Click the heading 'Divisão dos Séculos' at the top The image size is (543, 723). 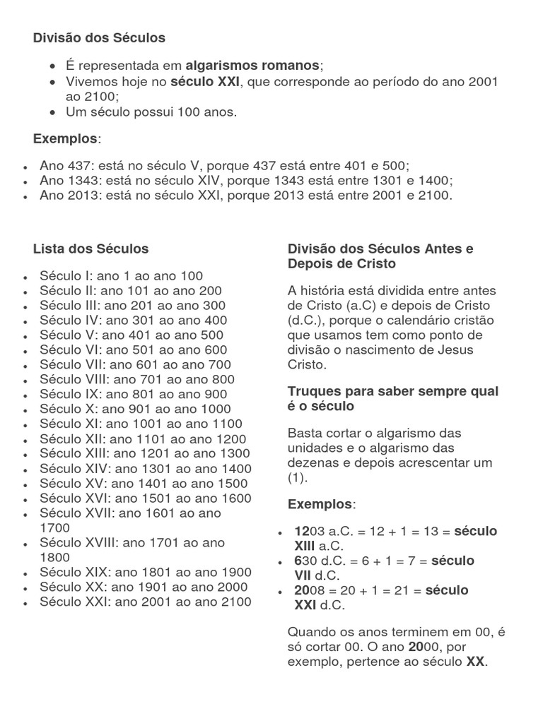pyautogui.click(x=99, y=38)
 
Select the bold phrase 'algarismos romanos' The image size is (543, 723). pyautogui.click(x=252, y=66)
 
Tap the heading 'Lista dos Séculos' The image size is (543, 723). pyautogui.click(x=90, y=249)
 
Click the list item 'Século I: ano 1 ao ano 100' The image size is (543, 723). pyautogui.click(x=121, y=276)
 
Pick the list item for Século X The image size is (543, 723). pyautogui.click(x=135, y=409)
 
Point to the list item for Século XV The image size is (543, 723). pyautogui.click(x=144, y=484)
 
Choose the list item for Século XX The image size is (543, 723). pyautogui.click(x=144, y=587)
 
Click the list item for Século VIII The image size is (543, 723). pyautogui.click(x=137, y=379)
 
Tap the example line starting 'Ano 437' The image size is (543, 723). pyautogui.click(x=224, y=166)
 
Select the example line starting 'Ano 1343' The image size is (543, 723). pyautogui.click(x=246, y=181)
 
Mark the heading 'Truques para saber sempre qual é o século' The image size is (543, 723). pyautogui.click(x=392, y=399)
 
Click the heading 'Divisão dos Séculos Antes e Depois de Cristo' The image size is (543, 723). pyautogui.click(x=380, y=256)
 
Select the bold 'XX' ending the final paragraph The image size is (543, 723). pyautogui.click(x=475, y=662)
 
